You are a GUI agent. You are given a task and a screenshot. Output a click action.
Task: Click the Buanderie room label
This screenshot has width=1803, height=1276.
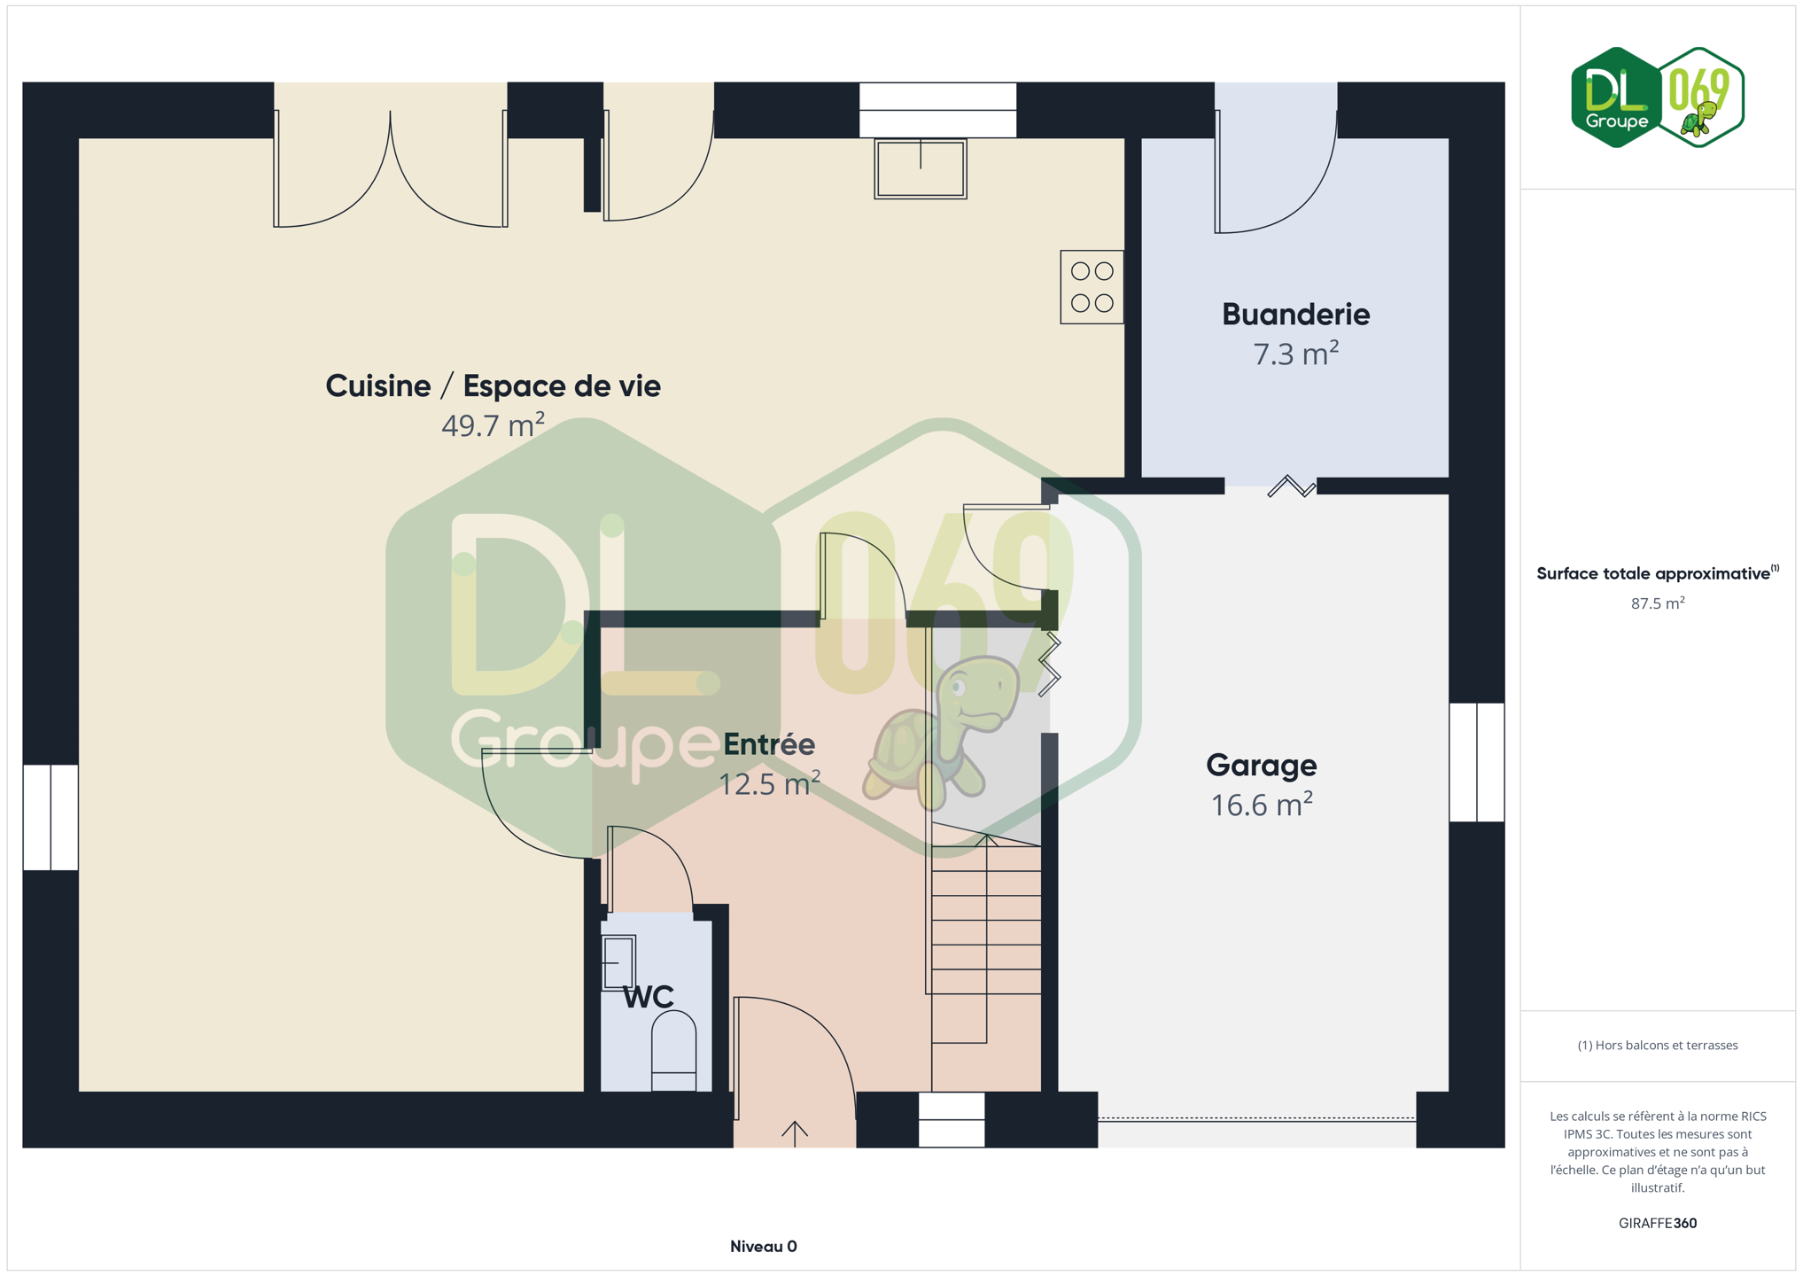click(1295, 315)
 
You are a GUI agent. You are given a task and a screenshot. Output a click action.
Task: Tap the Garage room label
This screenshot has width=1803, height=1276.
click(1261, 765)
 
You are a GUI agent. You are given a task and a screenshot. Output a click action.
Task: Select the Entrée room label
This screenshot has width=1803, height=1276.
click(769, 743)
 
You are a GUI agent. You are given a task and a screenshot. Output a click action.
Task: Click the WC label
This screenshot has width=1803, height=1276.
click(648, 997)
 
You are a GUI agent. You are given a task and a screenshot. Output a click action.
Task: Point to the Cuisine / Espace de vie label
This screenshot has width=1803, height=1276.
click(493, 386)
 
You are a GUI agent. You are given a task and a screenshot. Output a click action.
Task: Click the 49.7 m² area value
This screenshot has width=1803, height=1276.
click(493, 425)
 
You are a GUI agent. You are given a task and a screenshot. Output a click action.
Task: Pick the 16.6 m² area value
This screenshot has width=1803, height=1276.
click(1261, 805)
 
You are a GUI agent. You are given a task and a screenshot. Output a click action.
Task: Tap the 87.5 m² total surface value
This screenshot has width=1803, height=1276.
click(1657, 603)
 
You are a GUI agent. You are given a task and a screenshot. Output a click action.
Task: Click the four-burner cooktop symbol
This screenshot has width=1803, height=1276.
click(1092, 287)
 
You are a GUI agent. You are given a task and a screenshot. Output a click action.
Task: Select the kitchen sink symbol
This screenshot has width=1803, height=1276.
click(921, 168)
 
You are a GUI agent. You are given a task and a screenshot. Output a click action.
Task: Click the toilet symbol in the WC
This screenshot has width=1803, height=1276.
click(673, 1051)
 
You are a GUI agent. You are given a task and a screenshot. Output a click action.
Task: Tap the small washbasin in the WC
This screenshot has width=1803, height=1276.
click(618, 962)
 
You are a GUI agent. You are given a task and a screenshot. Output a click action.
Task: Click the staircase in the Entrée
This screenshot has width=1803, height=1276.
click(984, 939)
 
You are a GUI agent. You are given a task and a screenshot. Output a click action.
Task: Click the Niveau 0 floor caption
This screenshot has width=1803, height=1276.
click(763, 1247)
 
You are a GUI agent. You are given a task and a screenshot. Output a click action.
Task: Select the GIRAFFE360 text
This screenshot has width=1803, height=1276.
click(1657, 1223)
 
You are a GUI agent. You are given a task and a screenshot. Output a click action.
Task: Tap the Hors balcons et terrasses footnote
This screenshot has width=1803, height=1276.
click(1657, 1046)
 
